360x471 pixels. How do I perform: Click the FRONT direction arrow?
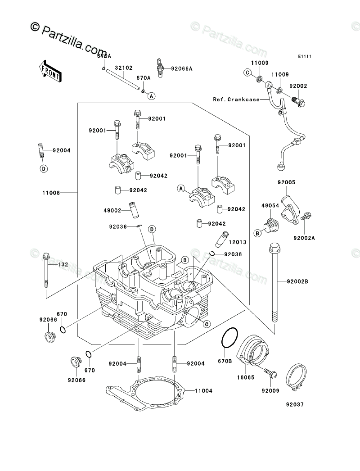[50, 70]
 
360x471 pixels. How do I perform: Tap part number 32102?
[123, 68]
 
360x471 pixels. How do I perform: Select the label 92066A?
[181, 68]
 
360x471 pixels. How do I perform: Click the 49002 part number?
[113, 209]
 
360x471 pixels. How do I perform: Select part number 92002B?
[297, 281]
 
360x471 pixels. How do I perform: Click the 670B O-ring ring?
[229, 338]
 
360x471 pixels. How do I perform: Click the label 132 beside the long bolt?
[63, 264]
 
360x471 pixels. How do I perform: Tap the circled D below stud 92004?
[43, 169]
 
